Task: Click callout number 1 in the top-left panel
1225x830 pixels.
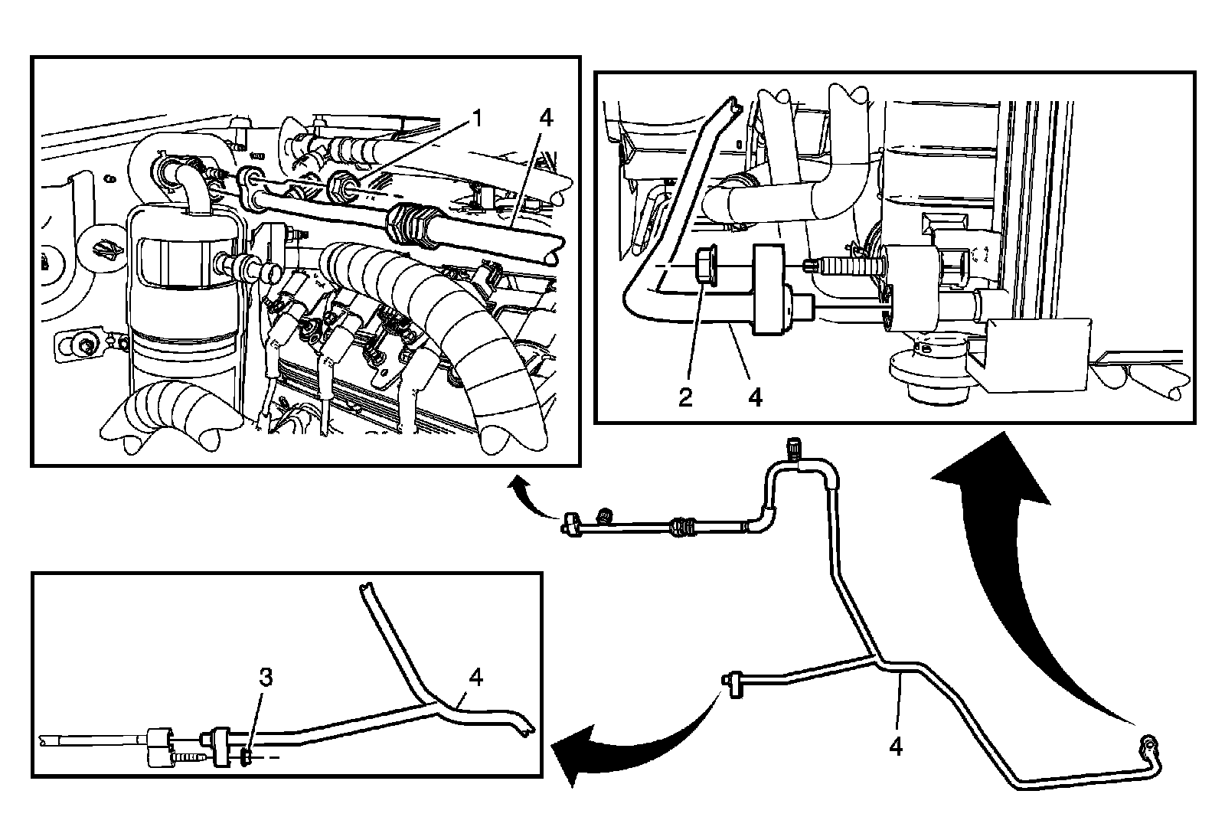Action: click(477, 119)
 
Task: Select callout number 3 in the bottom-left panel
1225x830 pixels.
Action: click(265, 678)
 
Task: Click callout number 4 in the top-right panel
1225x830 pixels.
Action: click(755, 397)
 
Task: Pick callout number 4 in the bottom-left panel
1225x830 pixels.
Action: click(476, 677)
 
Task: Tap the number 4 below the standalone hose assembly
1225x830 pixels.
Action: click(895, 745)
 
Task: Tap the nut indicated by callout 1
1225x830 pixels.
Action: click(339, 185)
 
